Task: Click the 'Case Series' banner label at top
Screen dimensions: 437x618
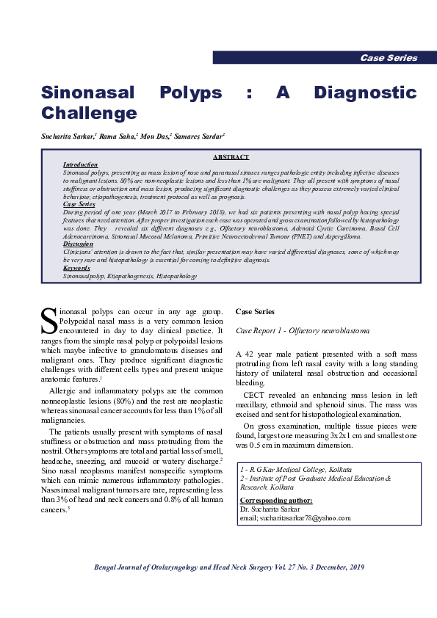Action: click(389, 58)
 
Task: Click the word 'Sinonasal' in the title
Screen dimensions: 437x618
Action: click(87, 93)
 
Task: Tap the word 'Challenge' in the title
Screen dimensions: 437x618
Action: click(89, 113)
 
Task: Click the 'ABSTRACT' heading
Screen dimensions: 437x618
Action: click(231, 157)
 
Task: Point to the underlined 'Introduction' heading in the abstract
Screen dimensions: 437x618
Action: click(80, 165)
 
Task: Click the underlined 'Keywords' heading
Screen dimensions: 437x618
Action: click(76, 268)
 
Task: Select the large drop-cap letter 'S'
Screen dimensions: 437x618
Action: click(48, 321)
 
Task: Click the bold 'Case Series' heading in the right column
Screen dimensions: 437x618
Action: click(255, 312)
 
